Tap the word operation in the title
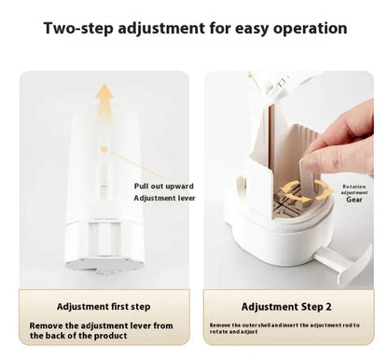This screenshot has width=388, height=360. [x=307, y=27]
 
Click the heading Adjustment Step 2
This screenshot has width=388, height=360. [x=284, y=306]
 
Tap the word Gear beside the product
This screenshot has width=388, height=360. [x=353, y=200]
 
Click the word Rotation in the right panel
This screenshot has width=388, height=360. [x=354, y=187]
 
